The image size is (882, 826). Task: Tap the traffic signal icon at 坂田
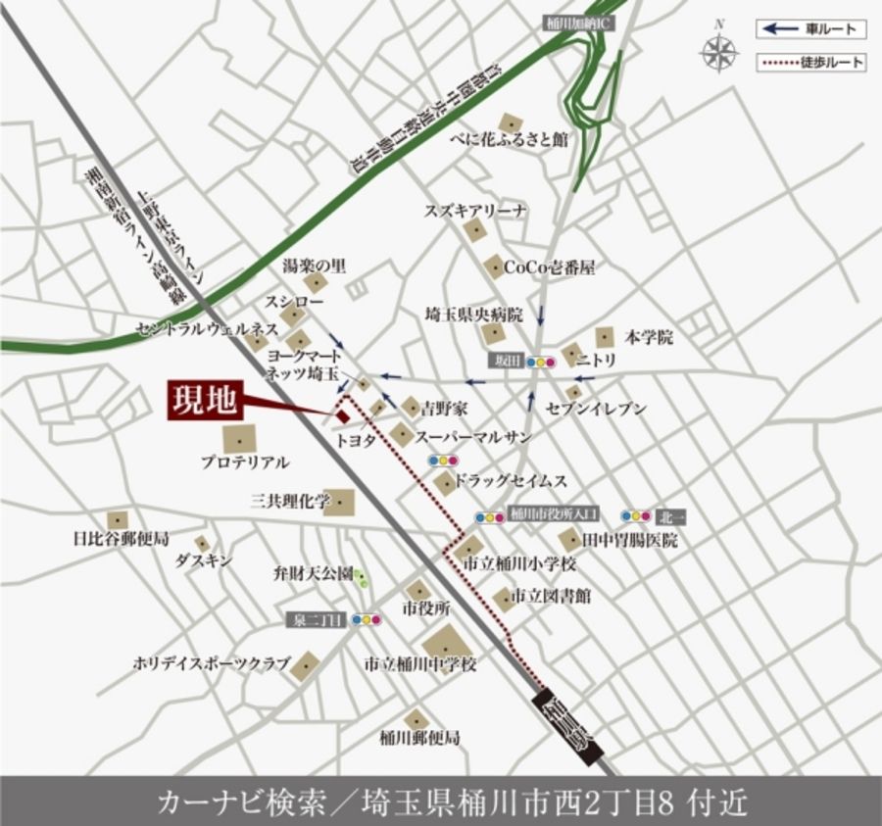540,362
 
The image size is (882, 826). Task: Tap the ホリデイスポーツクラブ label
211,664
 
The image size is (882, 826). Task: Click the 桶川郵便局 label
419,737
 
